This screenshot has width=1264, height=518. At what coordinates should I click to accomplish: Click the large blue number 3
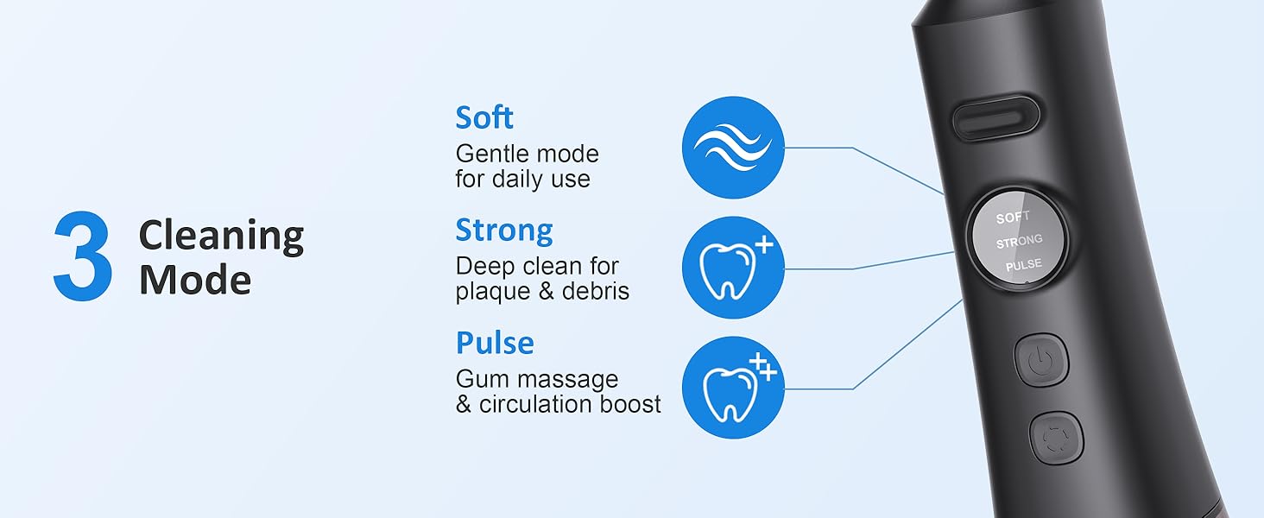pyautogui.click(x=83, y=257)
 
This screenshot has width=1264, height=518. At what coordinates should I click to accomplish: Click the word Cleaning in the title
pyautogui.click(x=221, y=235)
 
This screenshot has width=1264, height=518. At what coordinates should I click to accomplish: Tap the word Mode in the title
pyautogui.click(x=195, y=280)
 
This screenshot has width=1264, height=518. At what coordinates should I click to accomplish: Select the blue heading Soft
pyautogui.click(x=484, y=117)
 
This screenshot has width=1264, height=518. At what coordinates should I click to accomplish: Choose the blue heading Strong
pyautogui.click(x=504, y=231)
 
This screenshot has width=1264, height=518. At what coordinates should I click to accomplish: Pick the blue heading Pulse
pyautogui.click(x=495, y=343)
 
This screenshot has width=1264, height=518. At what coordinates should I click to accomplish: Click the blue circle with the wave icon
pyautogui.click(x=733, y=148)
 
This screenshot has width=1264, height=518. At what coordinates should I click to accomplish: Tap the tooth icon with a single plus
pyautogui.click(x=733, y=268)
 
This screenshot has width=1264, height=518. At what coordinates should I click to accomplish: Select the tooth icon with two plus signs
pyautogui.click(x=733, y=388)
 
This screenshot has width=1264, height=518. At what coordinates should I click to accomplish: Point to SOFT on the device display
pyautogui.click(x=1013, y=218)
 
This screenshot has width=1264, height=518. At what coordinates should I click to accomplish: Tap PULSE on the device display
pyautogui.click(x=1023, y=265)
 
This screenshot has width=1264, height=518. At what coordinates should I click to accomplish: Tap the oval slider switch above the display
pyautogui.click(x=995, y=119)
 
